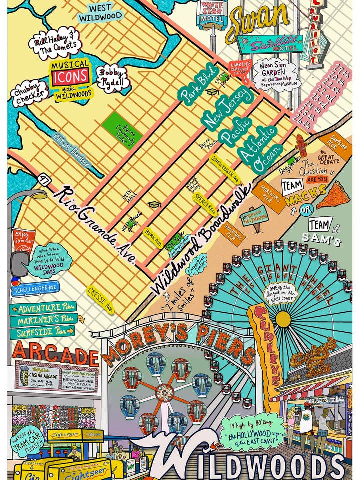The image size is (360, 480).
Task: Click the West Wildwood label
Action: tap(101, 12)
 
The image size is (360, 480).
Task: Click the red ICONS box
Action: tap(71, 76)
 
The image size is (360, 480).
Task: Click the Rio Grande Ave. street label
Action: tap(95, 224)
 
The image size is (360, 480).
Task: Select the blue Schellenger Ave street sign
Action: tap(36, 289)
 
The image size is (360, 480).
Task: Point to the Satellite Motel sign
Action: tap(263, 44)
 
